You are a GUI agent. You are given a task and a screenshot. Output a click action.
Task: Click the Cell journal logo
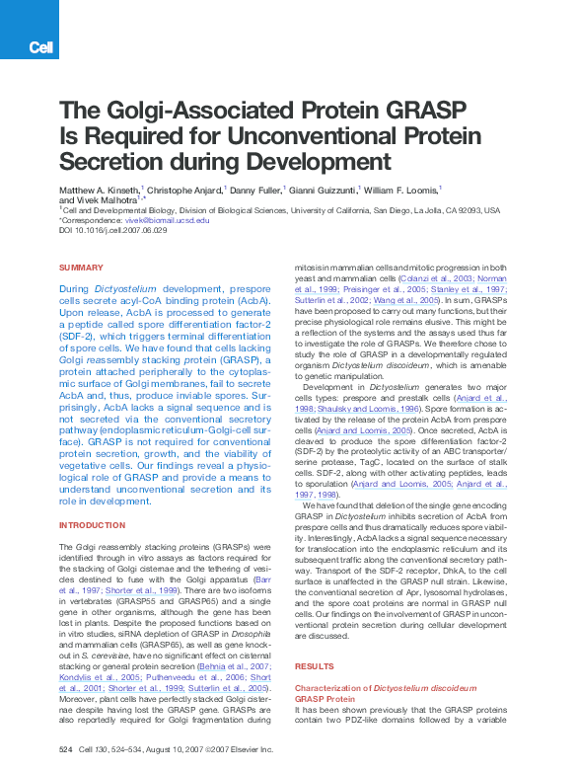tap(41, 46)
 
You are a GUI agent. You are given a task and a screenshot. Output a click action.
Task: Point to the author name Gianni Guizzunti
tap(324, 189)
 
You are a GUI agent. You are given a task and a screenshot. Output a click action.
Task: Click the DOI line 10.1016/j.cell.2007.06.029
tap(113, 230)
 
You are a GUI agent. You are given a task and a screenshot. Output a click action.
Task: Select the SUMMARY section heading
tap(81, 268)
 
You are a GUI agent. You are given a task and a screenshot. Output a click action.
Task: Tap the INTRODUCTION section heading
tap(92, 525)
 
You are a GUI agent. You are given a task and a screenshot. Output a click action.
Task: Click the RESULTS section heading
tap(315, 666)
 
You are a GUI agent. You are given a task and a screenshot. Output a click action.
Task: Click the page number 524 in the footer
tap(66, 749)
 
